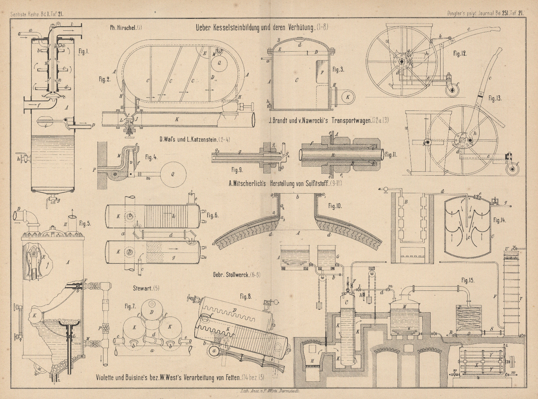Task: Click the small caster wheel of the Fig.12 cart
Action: pos(451,89)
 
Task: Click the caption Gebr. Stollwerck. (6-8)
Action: pos(233,274)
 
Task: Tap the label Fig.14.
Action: pos(500,220)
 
